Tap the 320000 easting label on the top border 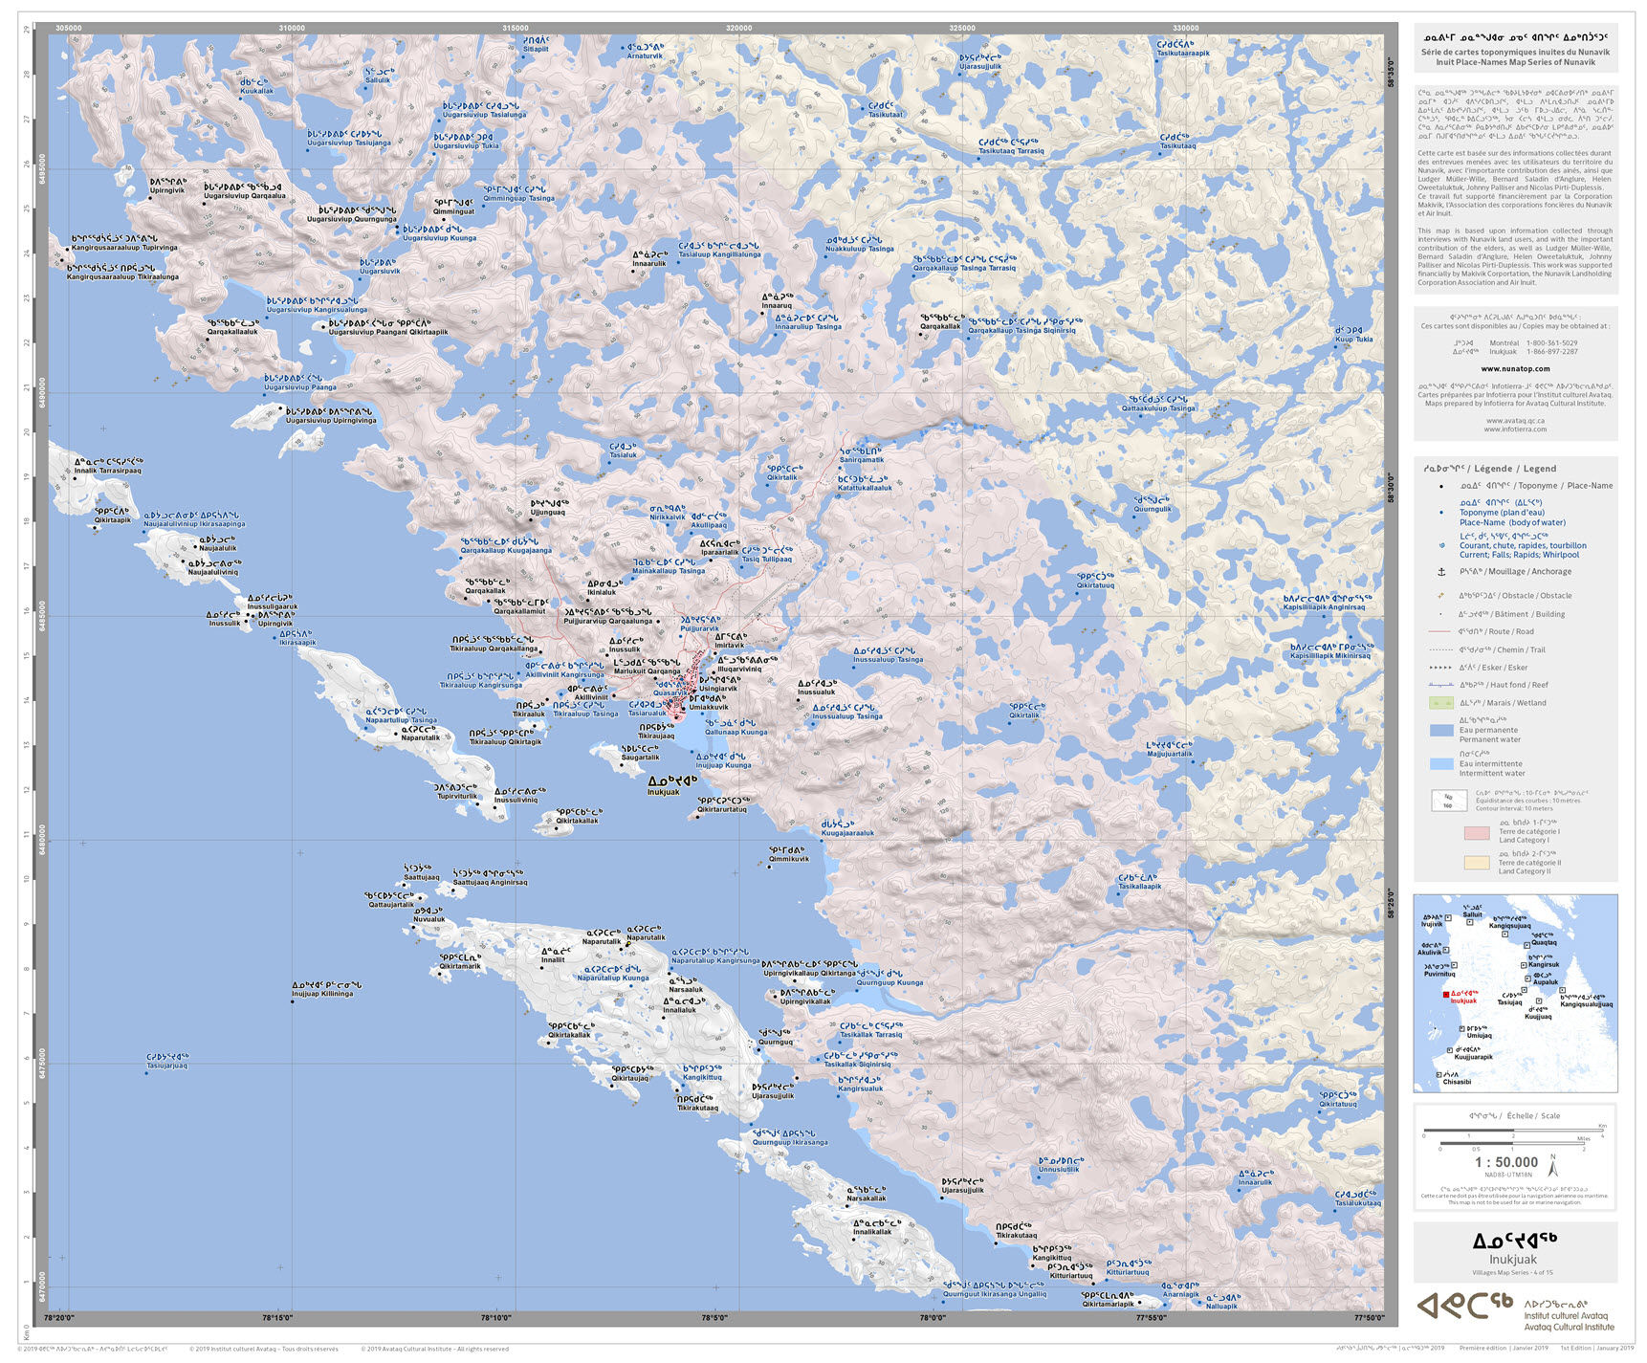coord(738,28)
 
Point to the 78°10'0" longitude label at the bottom coord(496,1317)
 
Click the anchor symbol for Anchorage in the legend coord(1441,571)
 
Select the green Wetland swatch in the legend coord(1440,703)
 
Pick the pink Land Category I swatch coord(1477,833)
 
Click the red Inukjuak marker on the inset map coord(1446,994)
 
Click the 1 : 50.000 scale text coord(1505,1162)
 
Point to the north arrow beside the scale coord(1553,1164)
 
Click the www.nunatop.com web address coord(1515,368)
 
